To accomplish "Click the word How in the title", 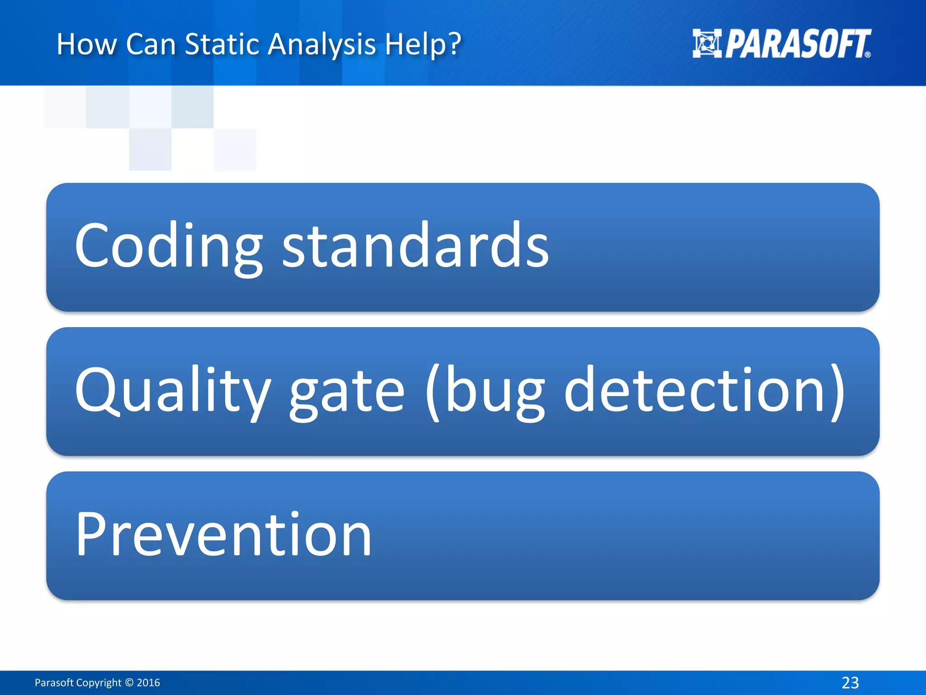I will [x=86, y=44].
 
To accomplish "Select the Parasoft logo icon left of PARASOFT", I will [x=707, y=43].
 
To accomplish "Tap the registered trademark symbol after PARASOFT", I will [x=867, y=55].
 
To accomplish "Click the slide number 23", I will [x=850, y=682].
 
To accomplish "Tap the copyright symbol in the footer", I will [x=129, y=683].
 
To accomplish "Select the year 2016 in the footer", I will [x=148, y=683].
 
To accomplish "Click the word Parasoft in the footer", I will [x=54, y=683].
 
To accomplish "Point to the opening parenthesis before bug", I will [x=433, y=392].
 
